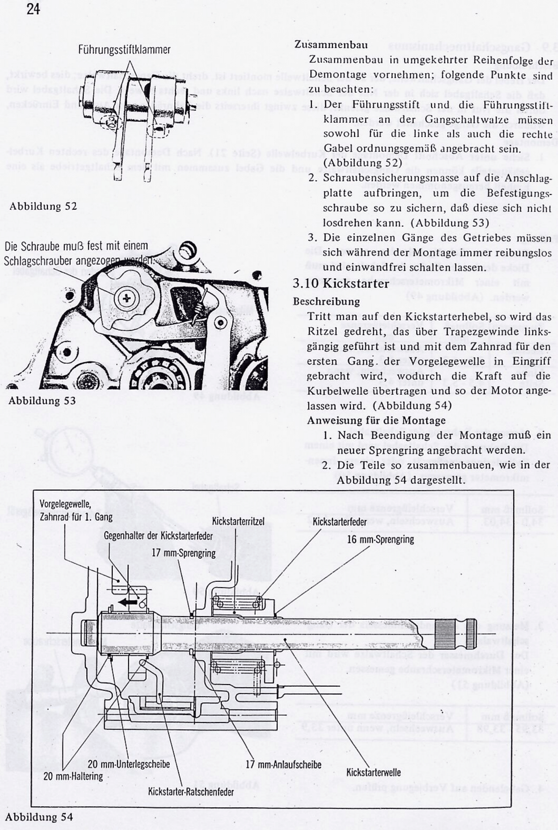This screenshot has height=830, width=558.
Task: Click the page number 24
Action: (x=33, y=8)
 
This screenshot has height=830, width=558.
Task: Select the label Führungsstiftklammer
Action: (x=124, y=50)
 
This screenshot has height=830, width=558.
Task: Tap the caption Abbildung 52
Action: (x=43, y=206)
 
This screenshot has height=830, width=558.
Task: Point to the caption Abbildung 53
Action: (x=42, y=400)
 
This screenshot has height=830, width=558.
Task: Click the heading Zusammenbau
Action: (x=331, y=45)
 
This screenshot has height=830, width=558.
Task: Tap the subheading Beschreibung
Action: (x=326, y=302)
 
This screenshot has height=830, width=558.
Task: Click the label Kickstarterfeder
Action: (x=339, y=522)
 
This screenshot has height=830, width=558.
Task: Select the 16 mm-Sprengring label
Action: (x=381, y=539)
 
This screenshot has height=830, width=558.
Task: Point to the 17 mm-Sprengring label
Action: (x=184, y=553)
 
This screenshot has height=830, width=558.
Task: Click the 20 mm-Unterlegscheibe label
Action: (x=129, y=764)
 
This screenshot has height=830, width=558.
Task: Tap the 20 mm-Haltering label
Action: (x=73, y=776)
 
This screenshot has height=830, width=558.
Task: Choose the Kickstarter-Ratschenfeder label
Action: (x=190, y=792)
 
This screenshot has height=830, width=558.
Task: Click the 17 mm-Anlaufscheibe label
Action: (x=283, y=764)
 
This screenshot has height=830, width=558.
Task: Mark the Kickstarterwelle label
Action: (x=373, y=772)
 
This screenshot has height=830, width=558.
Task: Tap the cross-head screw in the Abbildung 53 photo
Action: (x=127, y=297)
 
